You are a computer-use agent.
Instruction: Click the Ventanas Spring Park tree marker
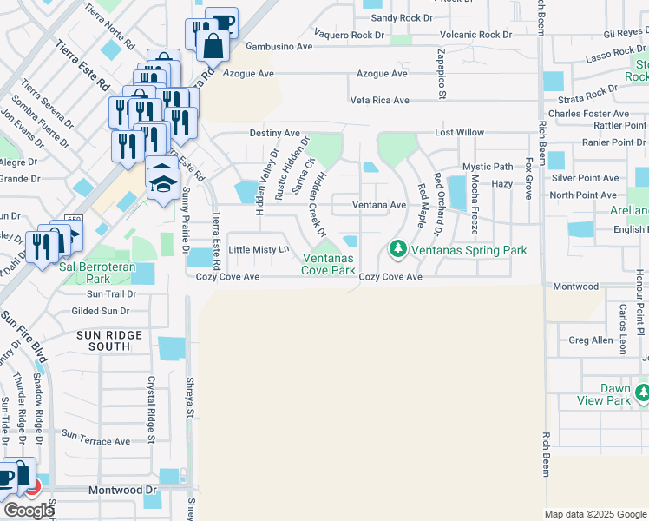398,249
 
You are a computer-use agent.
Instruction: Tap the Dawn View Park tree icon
642,394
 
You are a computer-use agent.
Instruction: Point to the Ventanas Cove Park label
328,264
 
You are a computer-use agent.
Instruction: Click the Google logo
29,511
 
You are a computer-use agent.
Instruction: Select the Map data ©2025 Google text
595,514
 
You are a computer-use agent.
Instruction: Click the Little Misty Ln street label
258,250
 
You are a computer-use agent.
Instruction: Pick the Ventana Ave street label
379,205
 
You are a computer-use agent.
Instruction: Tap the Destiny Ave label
275,133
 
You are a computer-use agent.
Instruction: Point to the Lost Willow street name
459,133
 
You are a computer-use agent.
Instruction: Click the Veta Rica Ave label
379,100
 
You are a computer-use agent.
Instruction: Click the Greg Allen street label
591,340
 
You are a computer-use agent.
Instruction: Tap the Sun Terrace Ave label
95,441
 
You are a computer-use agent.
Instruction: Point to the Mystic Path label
488,167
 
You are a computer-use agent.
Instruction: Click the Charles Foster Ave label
588,114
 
